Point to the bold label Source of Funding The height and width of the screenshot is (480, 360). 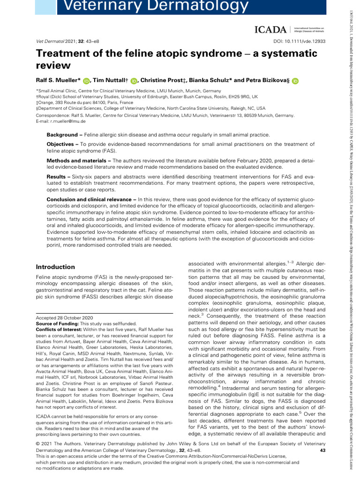pyautogui.click(x=57, y=323)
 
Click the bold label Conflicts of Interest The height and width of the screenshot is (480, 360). pyautogui.click(x=60, y=330)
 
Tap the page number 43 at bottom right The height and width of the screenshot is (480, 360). pyautogui.click(x=322, y=450)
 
